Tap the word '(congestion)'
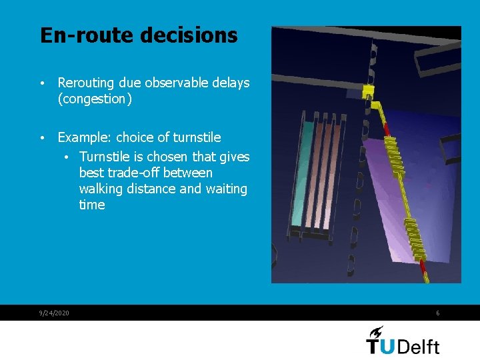click(x=93, y=99)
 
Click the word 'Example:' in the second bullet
click(x=85, y=137)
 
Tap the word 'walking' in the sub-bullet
click(x=101, y=189)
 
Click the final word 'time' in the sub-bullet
click(x=92, y=205)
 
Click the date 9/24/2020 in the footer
click(x=54, y=313)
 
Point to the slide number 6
click(x=437, y=313)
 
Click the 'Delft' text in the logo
click(x=419, y=347)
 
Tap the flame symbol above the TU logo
click(x=375, y=331)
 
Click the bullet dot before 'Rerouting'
click(x=42, y=84)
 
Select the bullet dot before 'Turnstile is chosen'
click(x=68, y=157)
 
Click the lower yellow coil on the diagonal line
click(x=417, y=238)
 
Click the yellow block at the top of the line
click(x=368, y=90)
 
